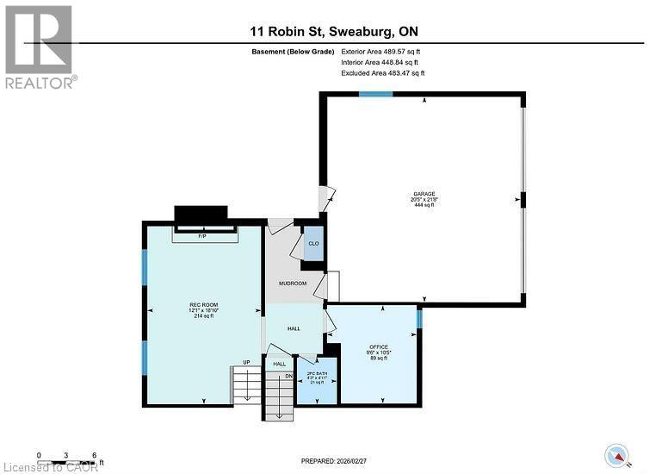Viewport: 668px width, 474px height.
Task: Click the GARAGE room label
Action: coord(423,194)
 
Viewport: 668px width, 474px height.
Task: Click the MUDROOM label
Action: coord(292,283)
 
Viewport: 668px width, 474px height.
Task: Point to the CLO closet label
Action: coord(313,244)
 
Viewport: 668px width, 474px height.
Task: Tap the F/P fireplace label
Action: coord(202,235)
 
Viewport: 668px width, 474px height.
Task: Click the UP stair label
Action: coord(246,362)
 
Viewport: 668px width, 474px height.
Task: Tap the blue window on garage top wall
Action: coord(376,94)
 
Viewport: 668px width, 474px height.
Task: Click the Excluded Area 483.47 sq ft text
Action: coord(382,73)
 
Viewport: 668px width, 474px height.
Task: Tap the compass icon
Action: coord(615,454)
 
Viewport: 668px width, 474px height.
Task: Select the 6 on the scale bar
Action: coord(93,454)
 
